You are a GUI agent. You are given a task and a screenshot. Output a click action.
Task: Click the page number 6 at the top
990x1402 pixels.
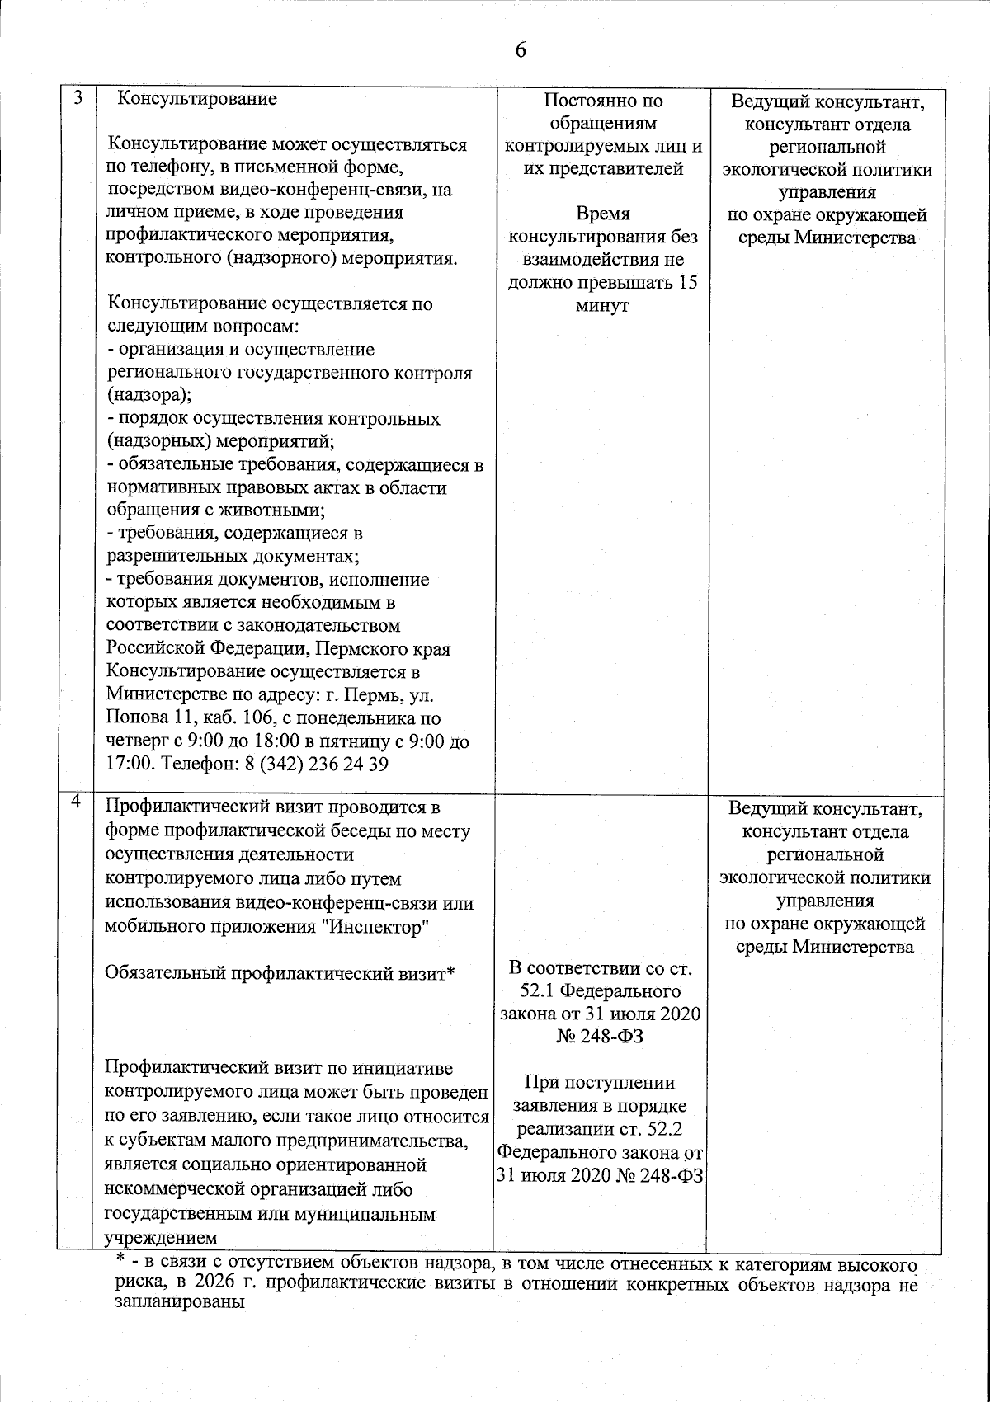pyautogui.click(x=520, y=50)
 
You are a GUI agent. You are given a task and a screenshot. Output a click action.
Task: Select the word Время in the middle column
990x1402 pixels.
pyautogui.click(x=602, y=214)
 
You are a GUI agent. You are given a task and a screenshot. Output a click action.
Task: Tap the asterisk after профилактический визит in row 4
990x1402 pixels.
pyautogui.click(x=451, y=972)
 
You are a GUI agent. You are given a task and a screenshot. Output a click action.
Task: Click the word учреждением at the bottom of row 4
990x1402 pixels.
pyautogui.click(x=162, y=1238)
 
